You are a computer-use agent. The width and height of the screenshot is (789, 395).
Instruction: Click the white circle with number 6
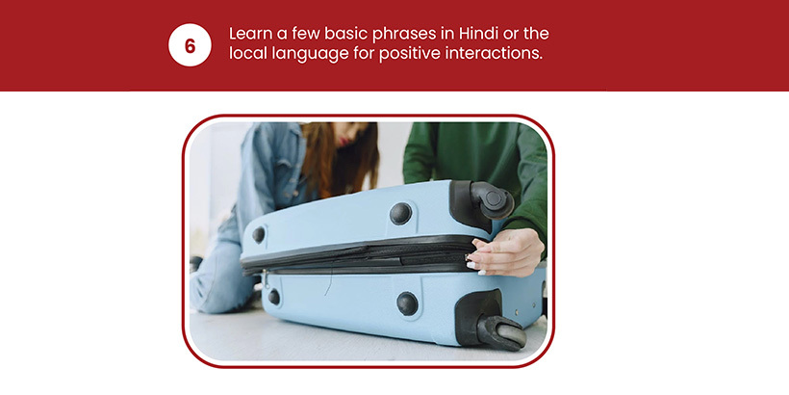click(190, 45)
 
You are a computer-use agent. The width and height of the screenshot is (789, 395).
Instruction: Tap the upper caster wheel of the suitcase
click(491, 200)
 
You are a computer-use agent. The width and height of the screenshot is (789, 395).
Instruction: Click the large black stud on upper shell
click(400, 214)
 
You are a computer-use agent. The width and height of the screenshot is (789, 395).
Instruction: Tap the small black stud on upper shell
click(259, 234)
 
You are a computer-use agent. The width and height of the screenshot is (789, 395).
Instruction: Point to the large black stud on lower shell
click(407, 303)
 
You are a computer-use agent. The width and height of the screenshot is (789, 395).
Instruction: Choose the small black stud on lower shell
click(273, 297)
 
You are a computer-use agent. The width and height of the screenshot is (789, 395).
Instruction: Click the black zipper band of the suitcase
click(357, 255)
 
